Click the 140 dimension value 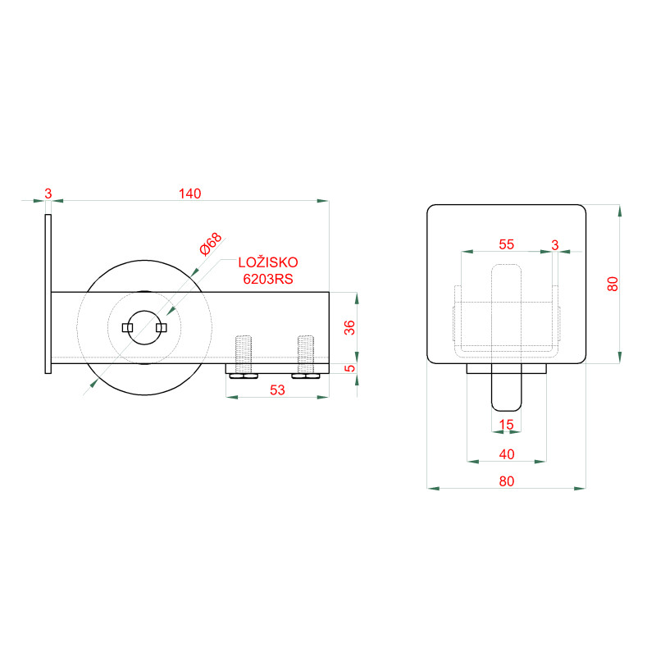pos(190,194)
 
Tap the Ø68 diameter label pos(211,244)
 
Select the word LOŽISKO pos(268,262)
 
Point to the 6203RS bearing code pos(268,279)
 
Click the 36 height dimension pos(349,327)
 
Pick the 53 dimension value pos(277,390)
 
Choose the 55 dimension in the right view pos(506,244)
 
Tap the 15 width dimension pos(506,425)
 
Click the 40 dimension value pos(507,454)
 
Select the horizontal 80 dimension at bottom pos(507,481)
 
